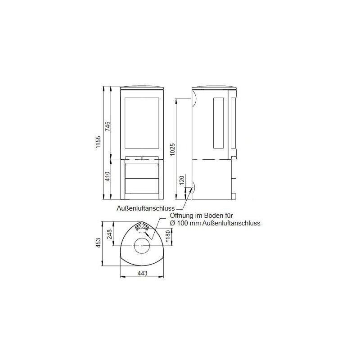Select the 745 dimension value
click(x=107, y=127)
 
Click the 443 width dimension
click(x=142, y=273)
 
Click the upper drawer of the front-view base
click(x=142, y=169)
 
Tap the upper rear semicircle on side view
click(x=194, y=98)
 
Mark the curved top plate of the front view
click(x=142, y=86)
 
